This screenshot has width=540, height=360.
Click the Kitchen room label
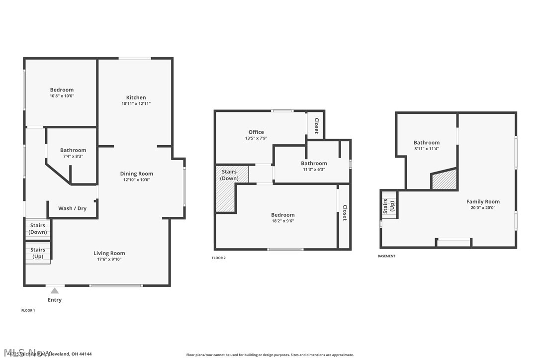tap(136, 97)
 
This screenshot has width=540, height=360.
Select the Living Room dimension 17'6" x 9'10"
tap(109, 259)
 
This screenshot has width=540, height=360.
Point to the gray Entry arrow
tap(55, 290)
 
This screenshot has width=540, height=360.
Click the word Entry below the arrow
tap(55, 300)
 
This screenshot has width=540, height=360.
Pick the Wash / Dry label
tap(72, 208)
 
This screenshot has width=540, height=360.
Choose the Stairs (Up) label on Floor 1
tap(38, 253)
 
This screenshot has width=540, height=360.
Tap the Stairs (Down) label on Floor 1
tap(38, 229)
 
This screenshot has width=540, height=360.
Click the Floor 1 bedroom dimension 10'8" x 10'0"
tap(62, 96)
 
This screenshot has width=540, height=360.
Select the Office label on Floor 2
tap(256, 132)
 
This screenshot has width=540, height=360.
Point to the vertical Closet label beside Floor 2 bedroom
tap(344, 213)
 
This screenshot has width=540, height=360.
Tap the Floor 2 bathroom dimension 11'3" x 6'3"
tap(314, 170)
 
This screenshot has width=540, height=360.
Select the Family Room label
tap(483, 201)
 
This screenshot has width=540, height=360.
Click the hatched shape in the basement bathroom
tap(444, 180)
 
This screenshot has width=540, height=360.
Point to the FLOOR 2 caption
tap(219, 258)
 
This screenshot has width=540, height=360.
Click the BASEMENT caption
tap(386, 256)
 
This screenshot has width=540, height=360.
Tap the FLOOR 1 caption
tap(28, 310)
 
